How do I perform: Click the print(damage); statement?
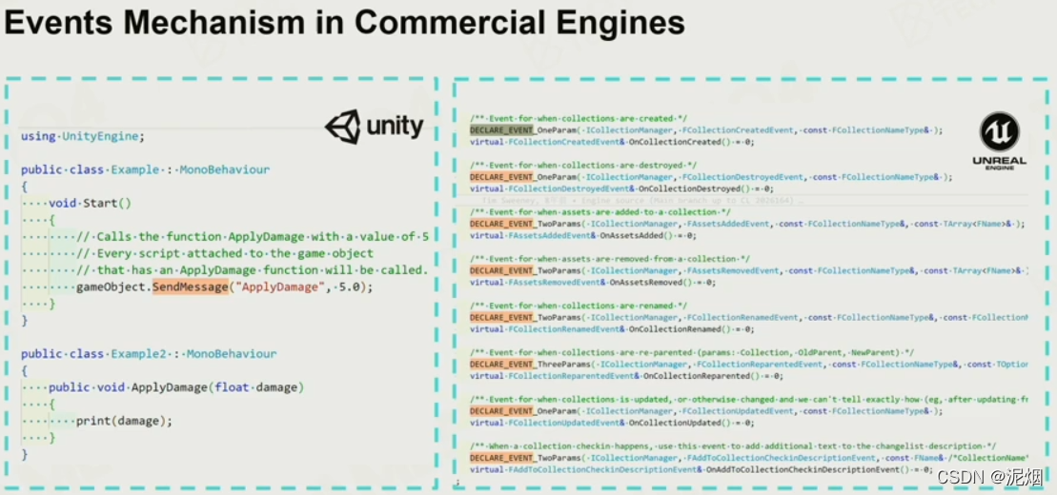(125, 421)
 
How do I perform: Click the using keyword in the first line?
(37, 136)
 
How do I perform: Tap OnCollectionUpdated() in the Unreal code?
(669, 422)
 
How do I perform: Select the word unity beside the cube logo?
(395, 126)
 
